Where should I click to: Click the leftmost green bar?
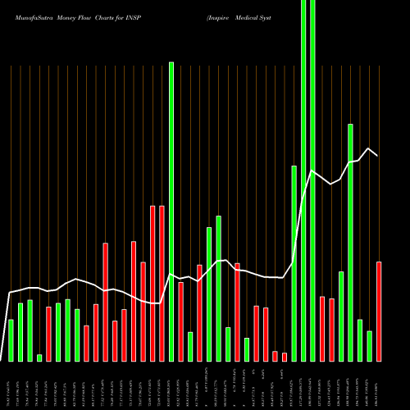(x=11, y=339)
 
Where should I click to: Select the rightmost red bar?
(x=379, y=311)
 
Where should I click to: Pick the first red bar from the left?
(x=48, y=333)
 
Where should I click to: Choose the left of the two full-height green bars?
(x=303, y=180)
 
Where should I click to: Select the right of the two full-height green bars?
(x=312, y=180)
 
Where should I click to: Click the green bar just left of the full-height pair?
(x=294, y=262)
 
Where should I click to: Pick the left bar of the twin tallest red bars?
(x=153, y=283)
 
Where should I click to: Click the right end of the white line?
(x=378, y=155)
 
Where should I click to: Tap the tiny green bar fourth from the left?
(x=39, y=357)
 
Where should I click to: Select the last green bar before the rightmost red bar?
(x=369, y=345)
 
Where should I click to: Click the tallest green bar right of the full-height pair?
(x=350, y=242)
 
